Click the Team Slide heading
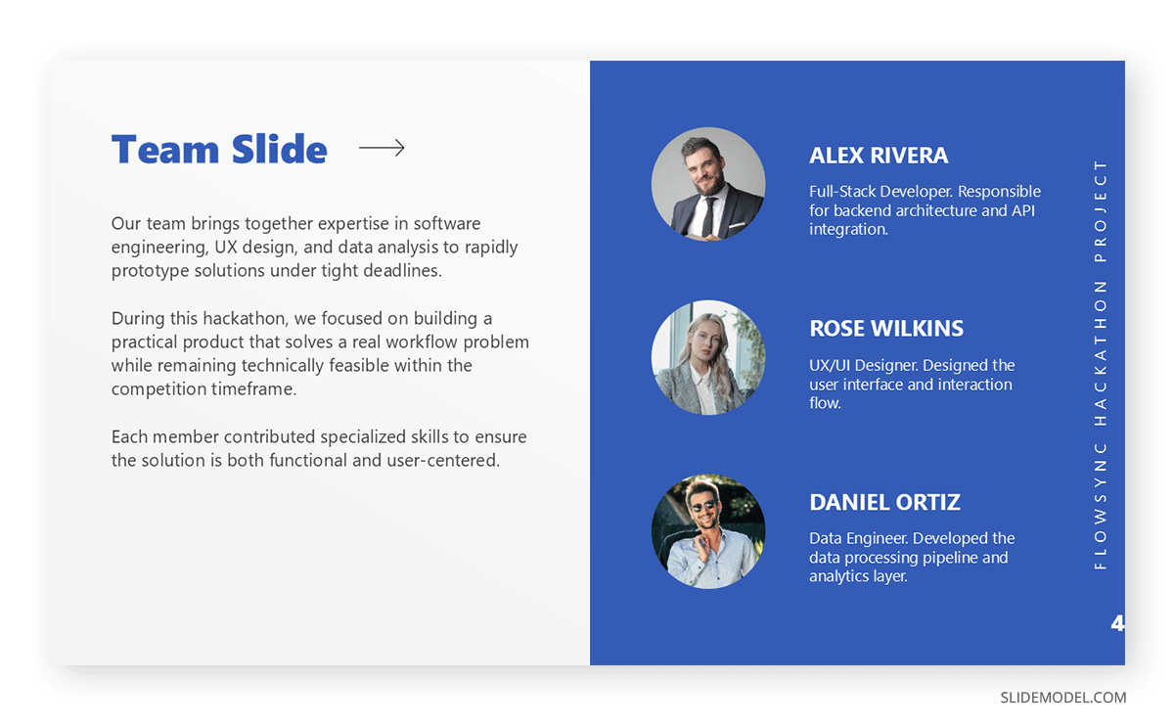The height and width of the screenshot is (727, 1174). [x=219, y=150]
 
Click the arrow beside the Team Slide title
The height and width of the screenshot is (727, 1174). [x=382, y=148]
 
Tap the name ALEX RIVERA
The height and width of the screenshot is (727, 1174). [x=879, y=156]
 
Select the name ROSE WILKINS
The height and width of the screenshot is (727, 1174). [x=886, y=329]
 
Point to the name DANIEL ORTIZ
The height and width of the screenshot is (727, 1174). [x=884, y=502]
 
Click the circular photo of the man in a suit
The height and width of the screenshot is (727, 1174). [x=708, y=184]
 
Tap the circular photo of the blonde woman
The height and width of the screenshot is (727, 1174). [x=708, y=357]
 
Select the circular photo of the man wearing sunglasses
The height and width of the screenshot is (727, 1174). [x=708, y=531]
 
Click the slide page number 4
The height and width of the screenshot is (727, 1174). [x=1117, y=623]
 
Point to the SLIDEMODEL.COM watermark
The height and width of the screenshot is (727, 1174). [x=1062, y=698]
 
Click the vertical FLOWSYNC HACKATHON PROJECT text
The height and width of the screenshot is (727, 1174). [x=1101, y=364]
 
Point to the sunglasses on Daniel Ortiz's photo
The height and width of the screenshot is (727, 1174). [x=702, y=505]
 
